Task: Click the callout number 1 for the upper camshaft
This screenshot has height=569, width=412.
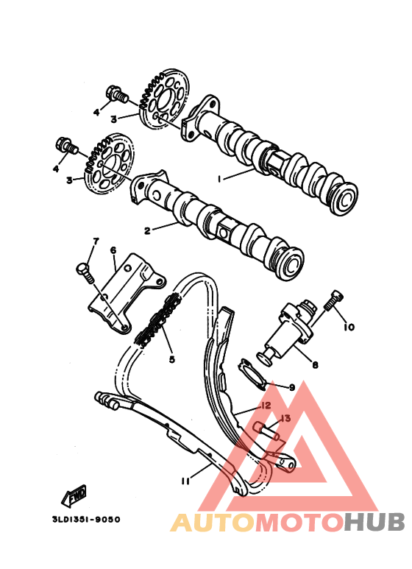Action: (x=219, y=179)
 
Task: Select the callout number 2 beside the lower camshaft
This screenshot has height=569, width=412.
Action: (x=147, y=230)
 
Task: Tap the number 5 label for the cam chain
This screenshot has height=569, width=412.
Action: (x=172, y=359)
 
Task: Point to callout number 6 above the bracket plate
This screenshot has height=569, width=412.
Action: (x=113, y=250)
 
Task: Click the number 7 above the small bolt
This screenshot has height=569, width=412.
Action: (x=96, y=241)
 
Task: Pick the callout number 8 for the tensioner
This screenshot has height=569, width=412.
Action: (x=315, y=364)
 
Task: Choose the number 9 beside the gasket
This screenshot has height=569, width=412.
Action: (x=292, y=387)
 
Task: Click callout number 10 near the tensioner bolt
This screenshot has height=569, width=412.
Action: (x=349, y=328)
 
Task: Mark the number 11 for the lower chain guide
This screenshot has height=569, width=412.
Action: (x=185, y=481)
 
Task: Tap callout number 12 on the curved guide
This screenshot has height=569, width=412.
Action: (x=266, y=406)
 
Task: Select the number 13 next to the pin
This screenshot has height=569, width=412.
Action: (x=285, y=418)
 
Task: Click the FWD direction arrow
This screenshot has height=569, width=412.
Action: (x=74, y=495)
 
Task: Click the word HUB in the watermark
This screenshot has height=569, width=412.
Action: (x=374, y=521)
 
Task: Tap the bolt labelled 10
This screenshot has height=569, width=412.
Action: (x=333, y=300)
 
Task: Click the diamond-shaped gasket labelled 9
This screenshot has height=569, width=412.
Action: (x=253, y=375)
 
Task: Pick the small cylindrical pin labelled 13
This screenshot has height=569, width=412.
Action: (x=268, y=431)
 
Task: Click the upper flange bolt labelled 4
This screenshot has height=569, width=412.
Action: (x=117, y=94)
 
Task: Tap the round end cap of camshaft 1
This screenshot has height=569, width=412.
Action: (x=344, y=199)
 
